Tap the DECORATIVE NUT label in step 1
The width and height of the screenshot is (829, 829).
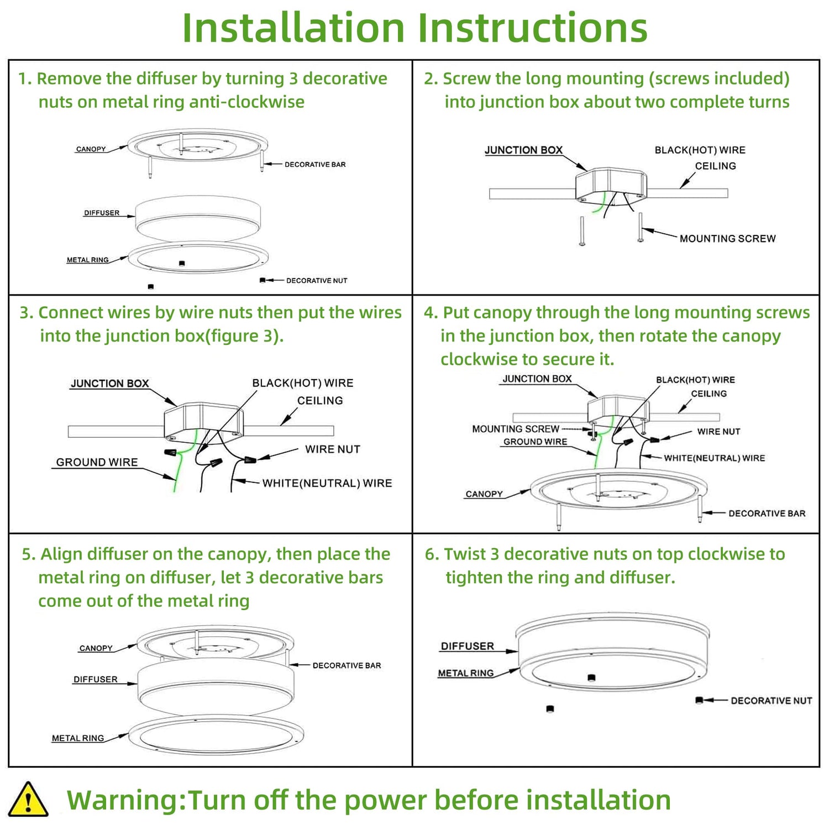click(316, 281)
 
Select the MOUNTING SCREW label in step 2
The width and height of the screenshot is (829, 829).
click(727, 239)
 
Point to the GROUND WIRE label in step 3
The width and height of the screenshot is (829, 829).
click(97, 463)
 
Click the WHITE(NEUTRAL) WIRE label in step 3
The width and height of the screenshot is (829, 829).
click(327, 484)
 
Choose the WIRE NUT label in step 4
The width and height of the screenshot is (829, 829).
click(718, 432)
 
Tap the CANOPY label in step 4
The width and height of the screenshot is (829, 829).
click(484, 494)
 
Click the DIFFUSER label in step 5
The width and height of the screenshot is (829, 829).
click(96, 679)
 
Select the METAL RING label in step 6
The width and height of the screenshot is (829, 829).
click(465, 673)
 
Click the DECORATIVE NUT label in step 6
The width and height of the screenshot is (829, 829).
click(771, 701)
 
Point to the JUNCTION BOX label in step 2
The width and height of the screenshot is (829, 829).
click(523, 150)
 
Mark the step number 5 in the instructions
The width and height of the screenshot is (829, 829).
click(27, 554)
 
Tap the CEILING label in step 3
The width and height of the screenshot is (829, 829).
click(320, 401)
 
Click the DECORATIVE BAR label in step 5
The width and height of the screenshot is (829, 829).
click(347, 665)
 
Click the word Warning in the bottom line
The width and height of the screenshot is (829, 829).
click(126, 800)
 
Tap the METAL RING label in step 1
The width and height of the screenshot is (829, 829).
click(87, 260)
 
